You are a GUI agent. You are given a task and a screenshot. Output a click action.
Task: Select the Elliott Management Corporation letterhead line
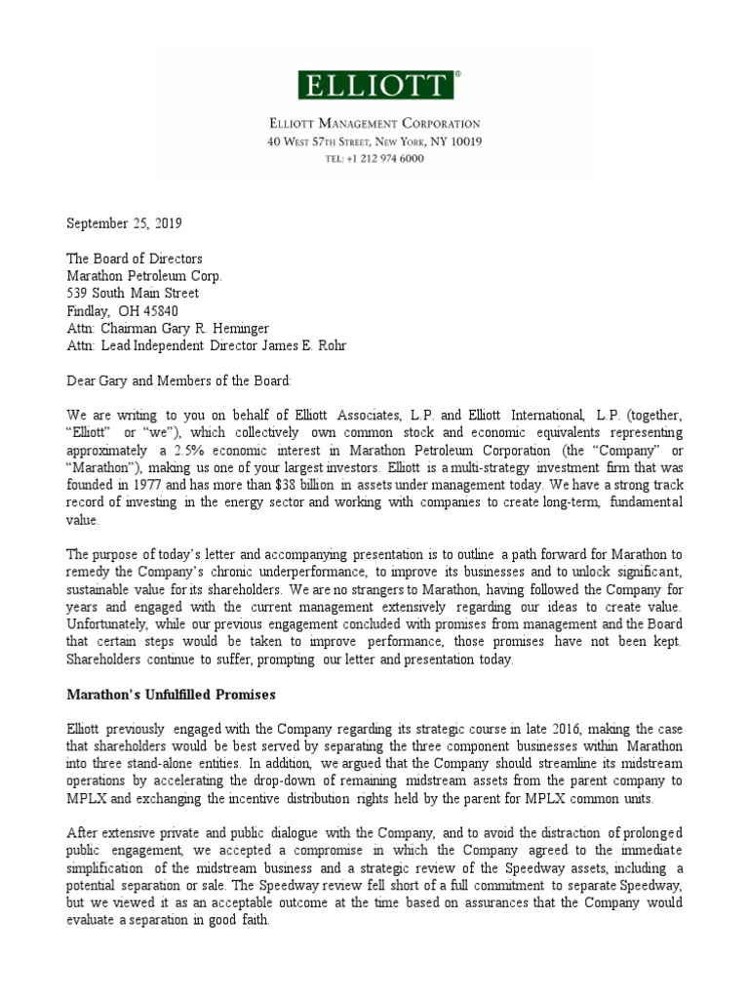coord(374,124)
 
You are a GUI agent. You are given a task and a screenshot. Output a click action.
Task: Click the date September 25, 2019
coord(124,222)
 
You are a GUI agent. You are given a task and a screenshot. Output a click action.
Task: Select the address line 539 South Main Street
coord(133,293)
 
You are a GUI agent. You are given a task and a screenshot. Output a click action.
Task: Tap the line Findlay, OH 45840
coord(122,310)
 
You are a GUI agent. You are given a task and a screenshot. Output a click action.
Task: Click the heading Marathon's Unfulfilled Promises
coord(173,695)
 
